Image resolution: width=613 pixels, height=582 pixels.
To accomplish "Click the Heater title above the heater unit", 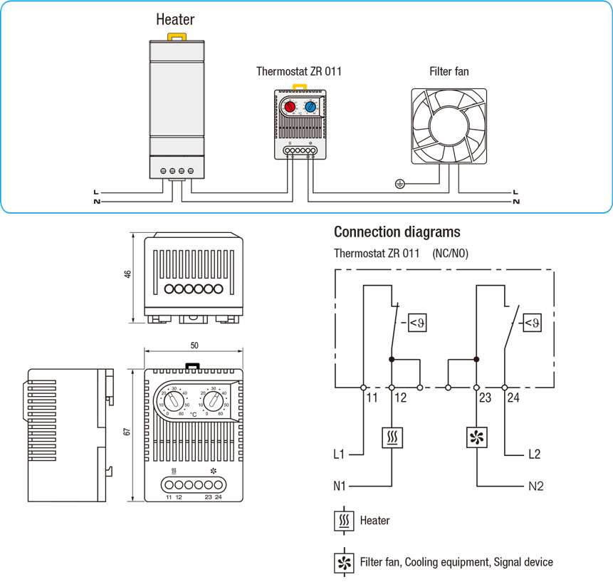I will coord(175,20).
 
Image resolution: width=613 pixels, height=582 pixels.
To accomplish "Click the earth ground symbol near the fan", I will coord(399,184).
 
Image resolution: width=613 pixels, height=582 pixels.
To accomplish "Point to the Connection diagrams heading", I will coord(397,232).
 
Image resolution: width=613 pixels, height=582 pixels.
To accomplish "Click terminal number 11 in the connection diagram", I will coord(372,398).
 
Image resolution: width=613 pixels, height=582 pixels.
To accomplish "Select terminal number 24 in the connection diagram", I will coord(513,398).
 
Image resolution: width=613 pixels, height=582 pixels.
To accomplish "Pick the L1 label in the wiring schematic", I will coord(340,453).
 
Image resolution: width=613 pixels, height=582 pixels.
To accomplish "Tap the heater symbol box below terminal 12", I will coord(392,437).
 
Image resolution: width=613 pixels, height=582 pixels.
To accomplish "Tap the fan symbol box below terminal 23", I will coord(476,437).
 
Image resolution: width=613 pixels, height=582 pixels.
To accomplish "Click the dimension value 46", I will coord(128,275).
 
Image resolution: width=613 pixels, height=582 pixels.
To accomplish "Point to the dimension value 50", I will coord(194,345).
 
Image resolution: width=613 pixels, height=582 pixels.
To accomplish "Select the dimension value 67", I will coord(128,432).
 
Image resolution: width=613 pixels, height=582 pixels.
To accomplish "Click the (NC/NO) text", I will coord(450,254).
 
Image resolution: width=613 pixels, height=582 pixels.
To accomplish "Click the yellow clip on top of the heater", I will coord(176,36).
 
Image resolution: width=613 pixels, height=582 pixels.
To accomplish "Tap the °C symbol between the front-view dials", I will coord(193,414).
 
